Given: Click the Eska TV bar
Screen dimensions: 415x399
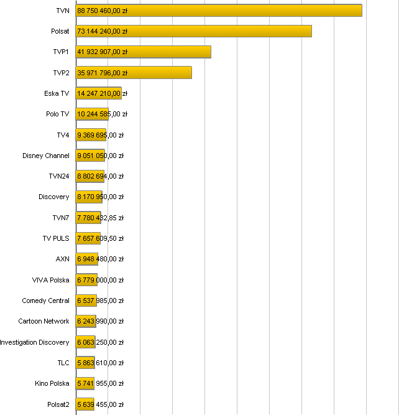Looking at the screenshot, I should tap(98, 93).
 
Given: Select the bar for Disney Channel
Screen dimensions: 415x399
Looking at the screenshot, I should tap(90, 156).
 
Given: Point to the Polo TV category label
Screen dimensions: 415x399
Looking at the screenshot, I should tap(57, 114).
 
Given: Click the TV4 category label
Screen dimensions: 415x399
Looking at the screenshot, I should tap(63, 135).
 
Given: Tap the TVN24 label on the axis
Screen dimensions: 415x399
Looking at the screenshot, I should tap(59, 176).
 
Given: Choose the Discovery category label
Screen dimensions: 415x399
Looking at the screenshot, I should tap(54, 197).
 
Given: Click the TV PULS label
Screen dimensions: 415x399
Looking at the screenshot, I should tap(56, 238).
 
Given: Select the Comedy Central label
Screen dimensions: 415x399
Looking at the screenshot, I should tap(45, 301).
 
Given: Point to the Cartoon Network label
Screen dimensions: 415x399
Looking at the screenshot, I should tap(44, 321).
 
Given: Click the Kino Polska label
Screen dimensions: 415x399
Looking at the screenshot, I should tap(52, 383).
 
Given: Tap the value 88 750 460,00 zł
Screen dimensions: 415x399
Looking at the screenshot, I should tap(102, 11).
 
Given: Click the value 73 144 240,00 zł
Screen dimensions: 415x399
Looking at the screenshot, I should tap(102, 31).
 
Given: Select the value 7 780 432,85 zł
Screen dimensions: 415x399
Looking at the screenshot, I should tap(100, 218).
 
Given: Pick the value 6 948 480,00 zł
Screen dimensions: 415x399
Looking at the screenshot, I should tap(100, 259).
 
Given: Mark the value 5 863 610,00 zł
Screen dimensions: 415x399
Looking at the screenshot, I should tap(100, 363).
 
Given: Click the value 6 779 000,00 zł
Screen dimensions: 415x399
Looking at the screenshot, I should tap(100, 280).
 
